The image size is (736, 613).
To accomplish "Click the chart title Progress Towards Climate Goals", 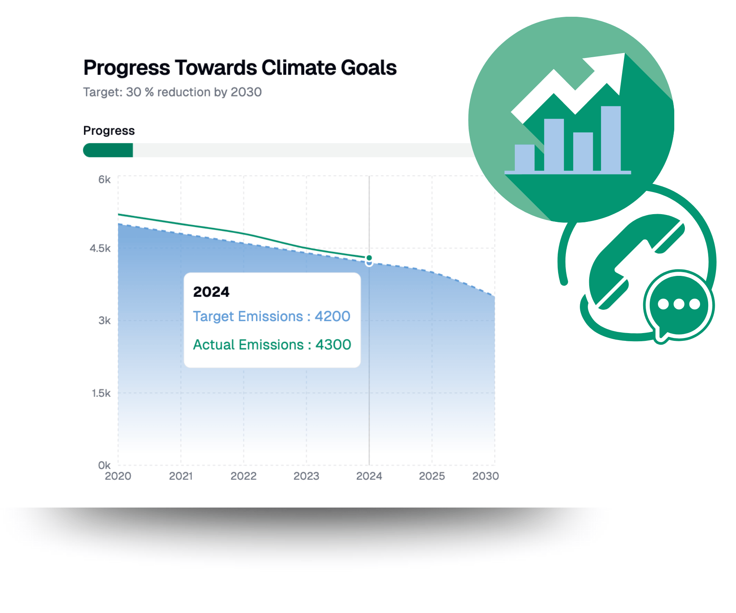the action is click(x=240, y=68).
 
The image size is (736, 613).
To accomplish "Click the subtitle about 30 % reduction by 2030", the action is click(x=172, y=92).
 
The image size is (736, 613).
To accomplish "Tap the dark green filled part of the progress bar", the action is click(x=108, y=150).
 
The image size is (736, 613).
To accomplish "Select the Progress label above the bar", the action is click(x=109, y=130).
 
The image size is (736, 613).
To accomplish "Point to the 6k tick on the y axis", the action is click(x=104, y=179).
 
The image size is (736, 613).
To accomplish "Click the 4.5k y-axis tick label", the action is click(x=100, y=248).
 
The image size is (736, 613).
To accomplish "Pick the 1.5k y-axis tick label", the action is click(x=101, y=393).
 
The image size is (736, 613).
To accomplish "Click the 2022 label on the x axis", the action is click(x=244, y=476).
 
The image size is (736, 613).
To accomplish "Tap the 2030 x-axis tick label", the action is click(x=485, y=476).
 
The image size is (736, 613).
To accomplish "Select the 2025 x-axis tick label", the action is click(x=432, y=476).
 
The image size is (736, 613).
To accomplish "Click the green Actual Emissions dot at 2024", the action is click(x=369, y=258).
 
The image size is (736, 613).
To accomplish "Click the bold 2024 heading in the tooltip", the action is click(x=211, y=292).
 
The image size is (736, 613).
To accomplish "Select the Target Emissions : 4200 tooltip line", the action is click(x=272, y=316).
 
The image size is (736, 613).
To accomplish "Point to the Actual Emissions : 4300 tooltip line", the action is click(x=272, y=345).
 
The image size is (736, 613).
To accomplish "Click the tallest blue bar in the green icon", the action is click(x=611, y=139).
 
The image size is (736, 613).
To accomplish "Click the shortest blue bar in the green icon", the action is click(x=525, y=158).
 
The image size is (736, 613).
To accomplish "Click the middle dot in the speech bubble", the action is click(x=679, y=304).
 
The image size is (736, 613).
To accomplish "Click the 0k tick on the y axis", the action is click(x=104, y=465).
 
